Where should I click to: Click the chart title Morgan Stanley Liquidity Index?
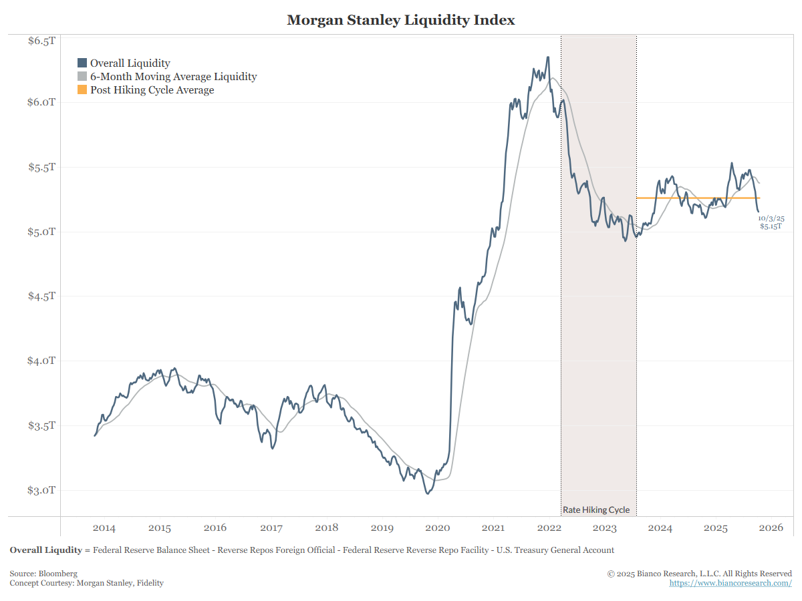tap(401, 20)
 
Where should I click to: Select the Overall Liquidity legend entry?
tap(130, 63)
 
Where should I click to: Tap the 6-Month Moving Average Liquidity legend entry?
tap(173, 77)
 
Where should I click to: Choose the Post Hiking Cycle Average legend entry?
tap(152, 90)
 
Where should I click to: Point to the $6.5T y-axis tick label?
tap(41, 41)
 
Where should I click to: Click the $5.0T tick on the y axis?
tap(41, 232)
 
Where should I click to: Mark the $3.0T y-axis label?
tap(41, 490)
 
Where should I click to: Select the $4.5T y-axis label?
tap(41, 296)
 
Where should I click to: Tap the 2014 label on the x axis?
tap(104, 528)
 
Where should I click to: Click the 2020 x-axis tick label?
tap(438, 528)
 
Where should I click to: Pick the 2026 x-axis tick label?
tap(771, 528)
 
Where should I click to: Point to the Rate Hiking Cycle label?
tap(596, 510)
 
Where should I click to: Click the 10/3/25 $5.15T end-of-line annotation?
tap(771, 222)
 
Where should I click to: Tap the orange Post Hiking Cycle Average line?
tap(695, 198)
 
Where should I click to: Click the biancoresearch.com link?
tap(730, 583)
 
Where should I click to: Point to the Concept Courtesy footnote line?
tap(86, 583)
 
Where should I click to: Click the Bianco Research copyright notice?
tap(699, 574)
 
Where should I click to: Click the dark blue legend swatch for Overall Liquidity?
tap(82, 63)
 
